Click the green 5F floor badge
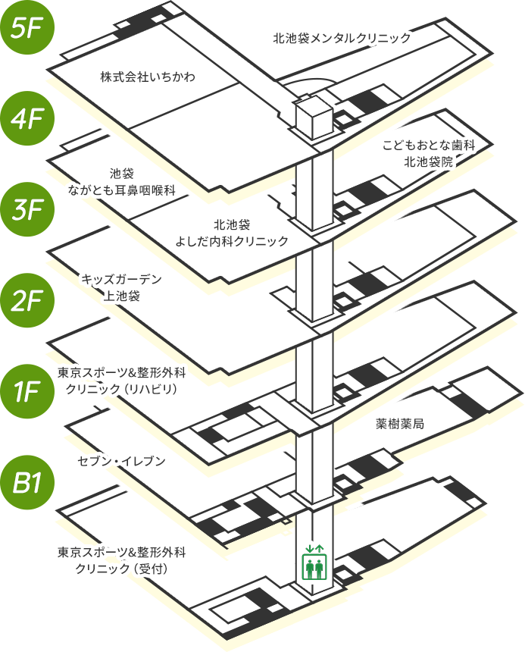click(x=27, y=27)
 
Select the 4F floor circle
click(x=27, y=118)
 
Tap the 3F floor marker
click(x=27, y=209)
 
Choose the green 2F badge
click(x=27, y=300)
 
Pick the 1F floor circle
click(x=27, y=391)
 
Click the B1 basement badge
click(x=27, y=482)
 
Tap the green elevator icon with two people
click(x=314, y=566)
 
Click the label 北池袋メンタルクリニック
click(x=342, y=38)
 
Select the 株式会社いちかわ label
click(x=148, y=77)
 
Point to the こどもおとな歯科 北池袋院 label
click(x=429, y=153)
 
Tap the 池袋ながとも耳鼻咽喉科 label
click(x=122, y=182)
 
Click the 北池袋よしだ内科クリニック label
click(x=232, y=233)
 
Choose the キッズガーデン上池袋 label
click(x=121, y=287)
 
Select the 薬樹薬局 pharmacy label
click(x=399, y=424)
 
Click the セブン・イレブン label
click(x=122, y=461)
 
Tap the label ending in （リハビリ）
click(x=122, y=381)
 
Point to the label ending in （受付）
click(x=122, y=560)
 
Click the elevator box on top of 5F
click(x=314, y=117)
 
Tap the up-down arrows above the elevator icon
click(x=314, y=548)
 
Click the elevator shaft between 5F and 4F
click(x=314, y=187)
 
